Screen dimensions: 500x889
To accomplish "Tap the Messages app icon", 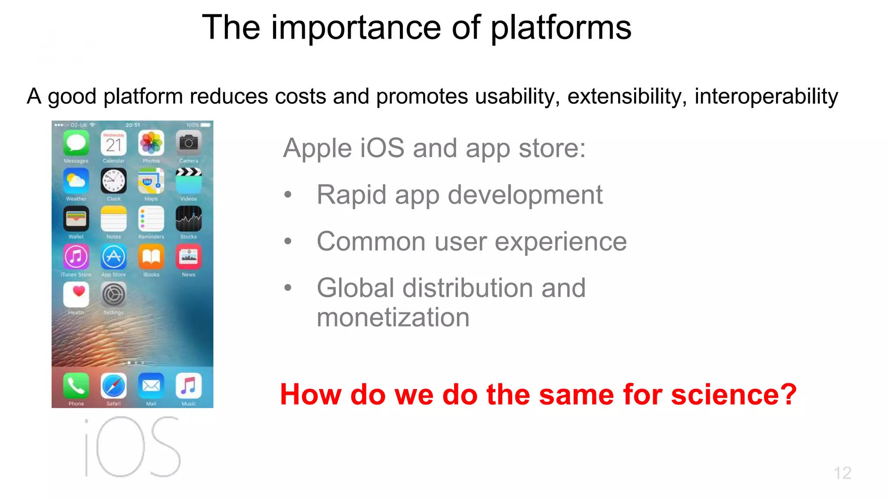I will point(76,143).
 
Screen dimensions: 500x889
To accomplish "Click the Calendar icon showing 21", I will point(114,143).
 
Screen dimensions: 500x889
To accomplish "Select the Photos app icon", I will point(151,143).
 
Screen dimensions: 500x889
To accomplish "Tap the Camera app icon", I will point(189,143).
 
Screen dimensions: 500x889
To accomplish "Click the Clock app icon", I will point(114,181).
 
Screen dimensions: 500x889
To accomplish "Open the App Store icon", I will point(114,257).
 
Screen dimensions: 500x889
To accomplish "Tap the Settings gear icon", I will point(114,295).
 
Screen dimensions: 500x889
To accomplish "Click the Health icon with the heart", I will point(76,295).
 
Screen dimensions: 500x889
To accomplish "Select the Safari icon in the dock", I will point(114,386).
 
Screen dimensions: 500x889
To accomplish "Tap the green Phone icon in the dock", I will point(76,386).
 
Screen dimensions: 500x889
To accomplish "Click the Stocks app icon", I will point(189,219).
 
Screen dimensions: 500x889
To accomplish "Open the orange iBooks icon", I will point(151,257).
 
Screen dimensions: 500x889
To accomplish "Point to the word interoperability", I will point(766,97).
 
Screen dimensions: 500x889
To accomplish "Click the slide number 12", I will point(842,473).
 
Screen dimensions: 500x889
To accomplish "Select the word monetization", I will point(393,317).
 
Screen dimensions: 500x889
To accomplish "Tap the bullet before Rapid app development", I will point(287,195).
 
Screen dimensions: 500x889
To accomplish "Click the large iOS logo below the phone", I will point(132,447).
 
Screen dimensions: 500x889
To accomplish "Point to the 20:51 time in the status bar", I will point(133,125).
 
